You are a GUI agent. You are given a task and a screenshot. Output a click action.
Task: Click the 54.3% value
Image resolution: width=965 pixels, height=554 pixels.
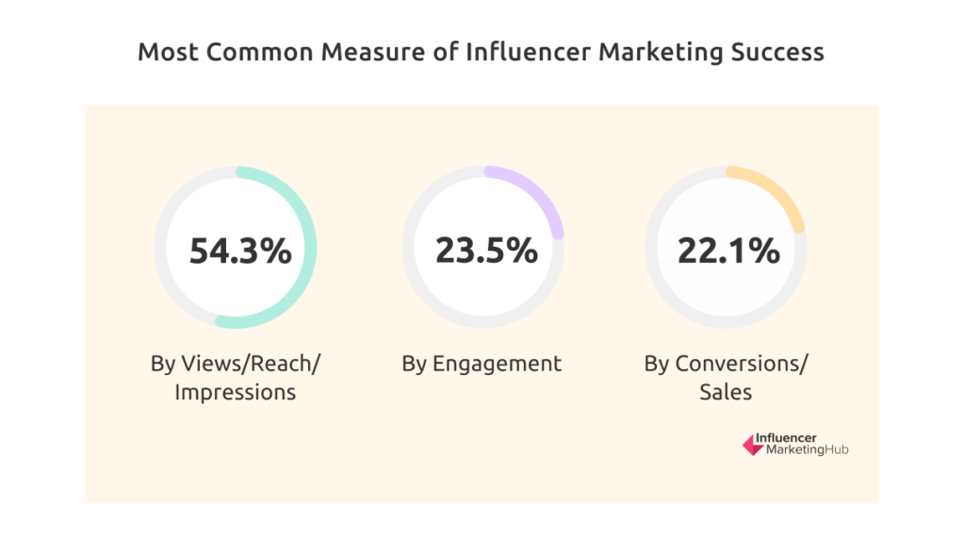[240, 251]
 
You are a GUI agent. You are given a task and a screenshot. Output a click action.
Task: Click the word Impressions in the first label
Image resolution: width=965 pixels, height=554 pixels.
[236, 392]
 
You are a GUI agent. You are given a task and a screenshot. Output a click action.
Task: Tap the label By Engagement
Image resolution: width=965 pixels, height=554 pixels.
[482, 364]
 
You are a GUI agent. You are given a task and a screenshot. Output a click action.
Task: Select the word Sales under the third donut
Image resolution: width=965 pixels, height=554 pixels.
[726, 392]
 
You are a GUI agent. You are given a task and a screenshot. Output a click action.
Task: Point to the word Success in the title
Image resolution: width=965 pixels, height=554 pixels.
[778, 53]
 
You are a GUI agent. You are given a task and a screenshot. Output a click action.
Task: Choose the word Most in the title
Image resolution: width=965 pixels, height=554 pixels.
[167, 53]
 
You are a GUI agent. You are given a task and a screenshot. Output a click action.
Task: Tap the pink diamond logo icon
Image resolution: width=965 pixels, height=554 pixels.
[752, 446]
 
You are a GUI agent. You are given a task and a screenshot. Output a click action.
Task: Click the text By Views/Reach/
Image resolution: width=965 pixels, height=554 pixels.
[236, 364]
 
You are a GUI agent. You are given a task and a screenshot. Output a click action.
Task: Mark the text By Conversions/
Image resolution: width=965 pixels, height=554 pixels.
[726, 364]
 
